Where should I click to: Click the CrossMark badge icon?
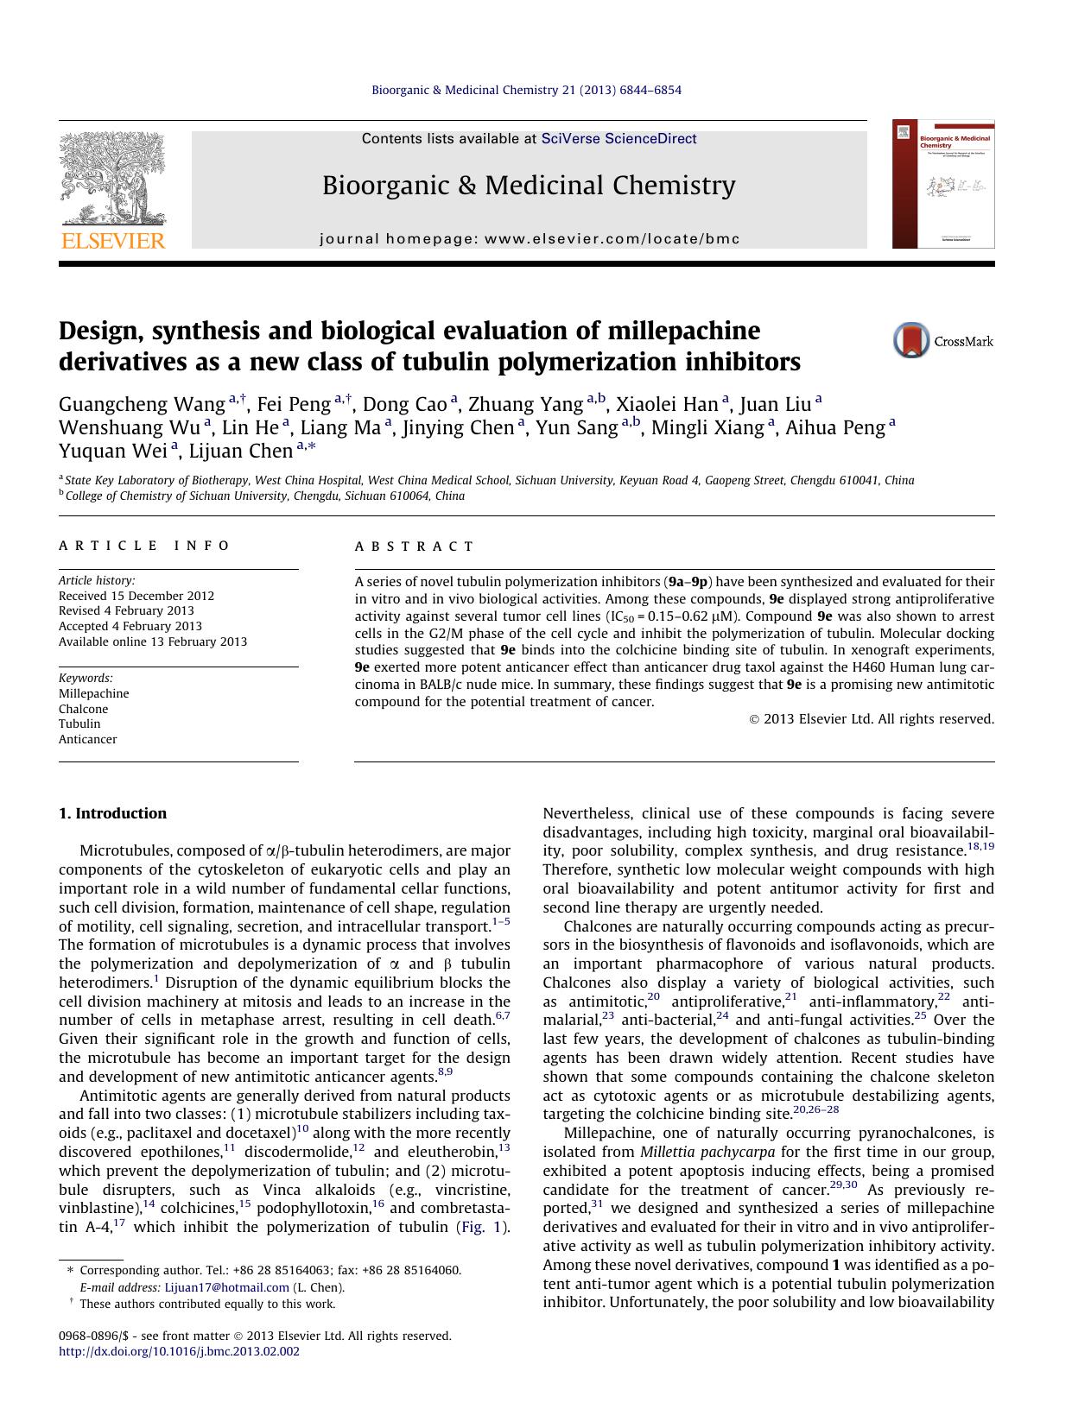[x=911, y=340]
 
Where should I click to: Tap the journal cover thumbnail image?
[x=942, y=184]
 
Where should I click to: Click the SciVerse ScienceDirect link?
[x=618, y=139]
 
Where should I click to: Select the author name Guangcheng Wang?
[x=142, y=404]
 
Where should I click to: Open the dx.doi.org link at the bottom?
[x=179, y=1351]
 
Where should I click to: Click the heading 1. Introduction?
[x=112, y=813]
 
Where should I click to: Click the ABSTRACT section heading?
[x=414, y=547]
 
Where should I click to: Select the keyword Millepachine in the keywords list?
[x=93, y=693]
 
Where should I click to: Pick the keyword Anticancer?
[x=87, y=739]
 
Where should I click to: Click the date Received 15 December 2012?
[x=136, y=596]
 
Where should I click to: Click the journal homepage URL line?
[x=530, y=239]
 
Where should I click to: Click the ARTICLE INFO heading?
[x=144, y=546]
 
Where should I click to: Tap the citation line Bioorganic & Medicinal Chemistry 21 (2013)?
[x=526, y=90]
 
